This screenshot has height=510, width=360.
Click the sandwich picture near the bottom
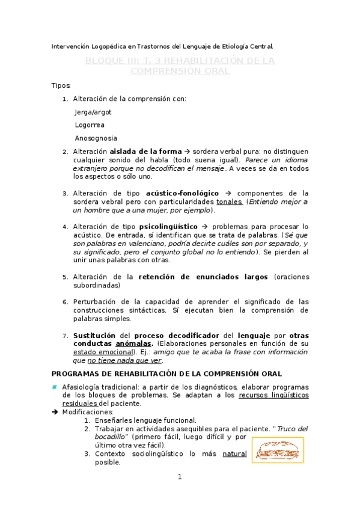pos(278,450)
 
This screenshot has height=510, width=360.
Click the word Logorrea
pos(90,125)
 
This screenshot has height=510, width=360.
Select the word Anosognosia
pos(96,138)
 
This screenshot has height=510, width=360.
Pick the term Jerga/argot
pos(93,112)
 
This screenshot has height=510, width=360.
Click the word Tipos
pos(61,85)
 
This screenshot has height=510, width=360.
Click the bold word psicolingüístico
pos(169,227)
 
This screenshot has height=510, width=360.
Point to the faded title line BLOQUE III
pos(180,61)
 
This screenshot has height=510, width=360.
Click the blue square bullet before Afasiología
pos(54,387)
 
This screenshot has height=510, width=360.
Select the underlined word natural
pos(234,454)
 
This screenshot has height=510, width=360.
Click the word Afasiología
pos(82,387)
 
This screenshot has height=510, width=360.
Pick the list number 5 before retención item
pos(65,277)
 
